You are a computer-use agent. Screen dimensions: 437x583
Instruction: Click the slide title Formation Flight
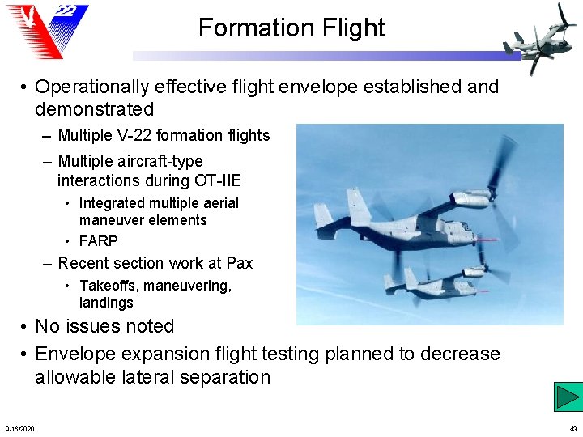pyautogui.click(x=291, y=28)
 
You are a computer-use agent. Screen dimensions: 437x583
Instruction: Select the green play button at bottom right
pyautogui.click(x=568, y=397)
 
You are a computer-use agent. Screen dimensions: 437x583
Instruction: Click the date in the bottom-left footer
pyautogui.click(x=19, y=428)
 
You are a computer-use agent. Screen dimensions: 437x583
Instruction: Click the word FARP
pyautogui.click(x=98, y=241)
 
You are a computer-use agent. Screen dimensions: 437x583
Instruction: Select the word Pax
pyautogui.click(x=239, y=263)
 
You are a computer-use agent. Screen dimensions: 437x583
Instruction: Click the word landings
pyautogui.click(x=106, y=303)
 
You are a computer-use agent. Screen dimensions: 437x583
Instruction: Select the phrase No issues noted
pyautogui.click(x=104, y=326)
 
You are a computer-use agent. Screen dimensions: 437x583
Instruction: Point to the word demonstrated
pyautogui.click(x=94, y=109)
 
